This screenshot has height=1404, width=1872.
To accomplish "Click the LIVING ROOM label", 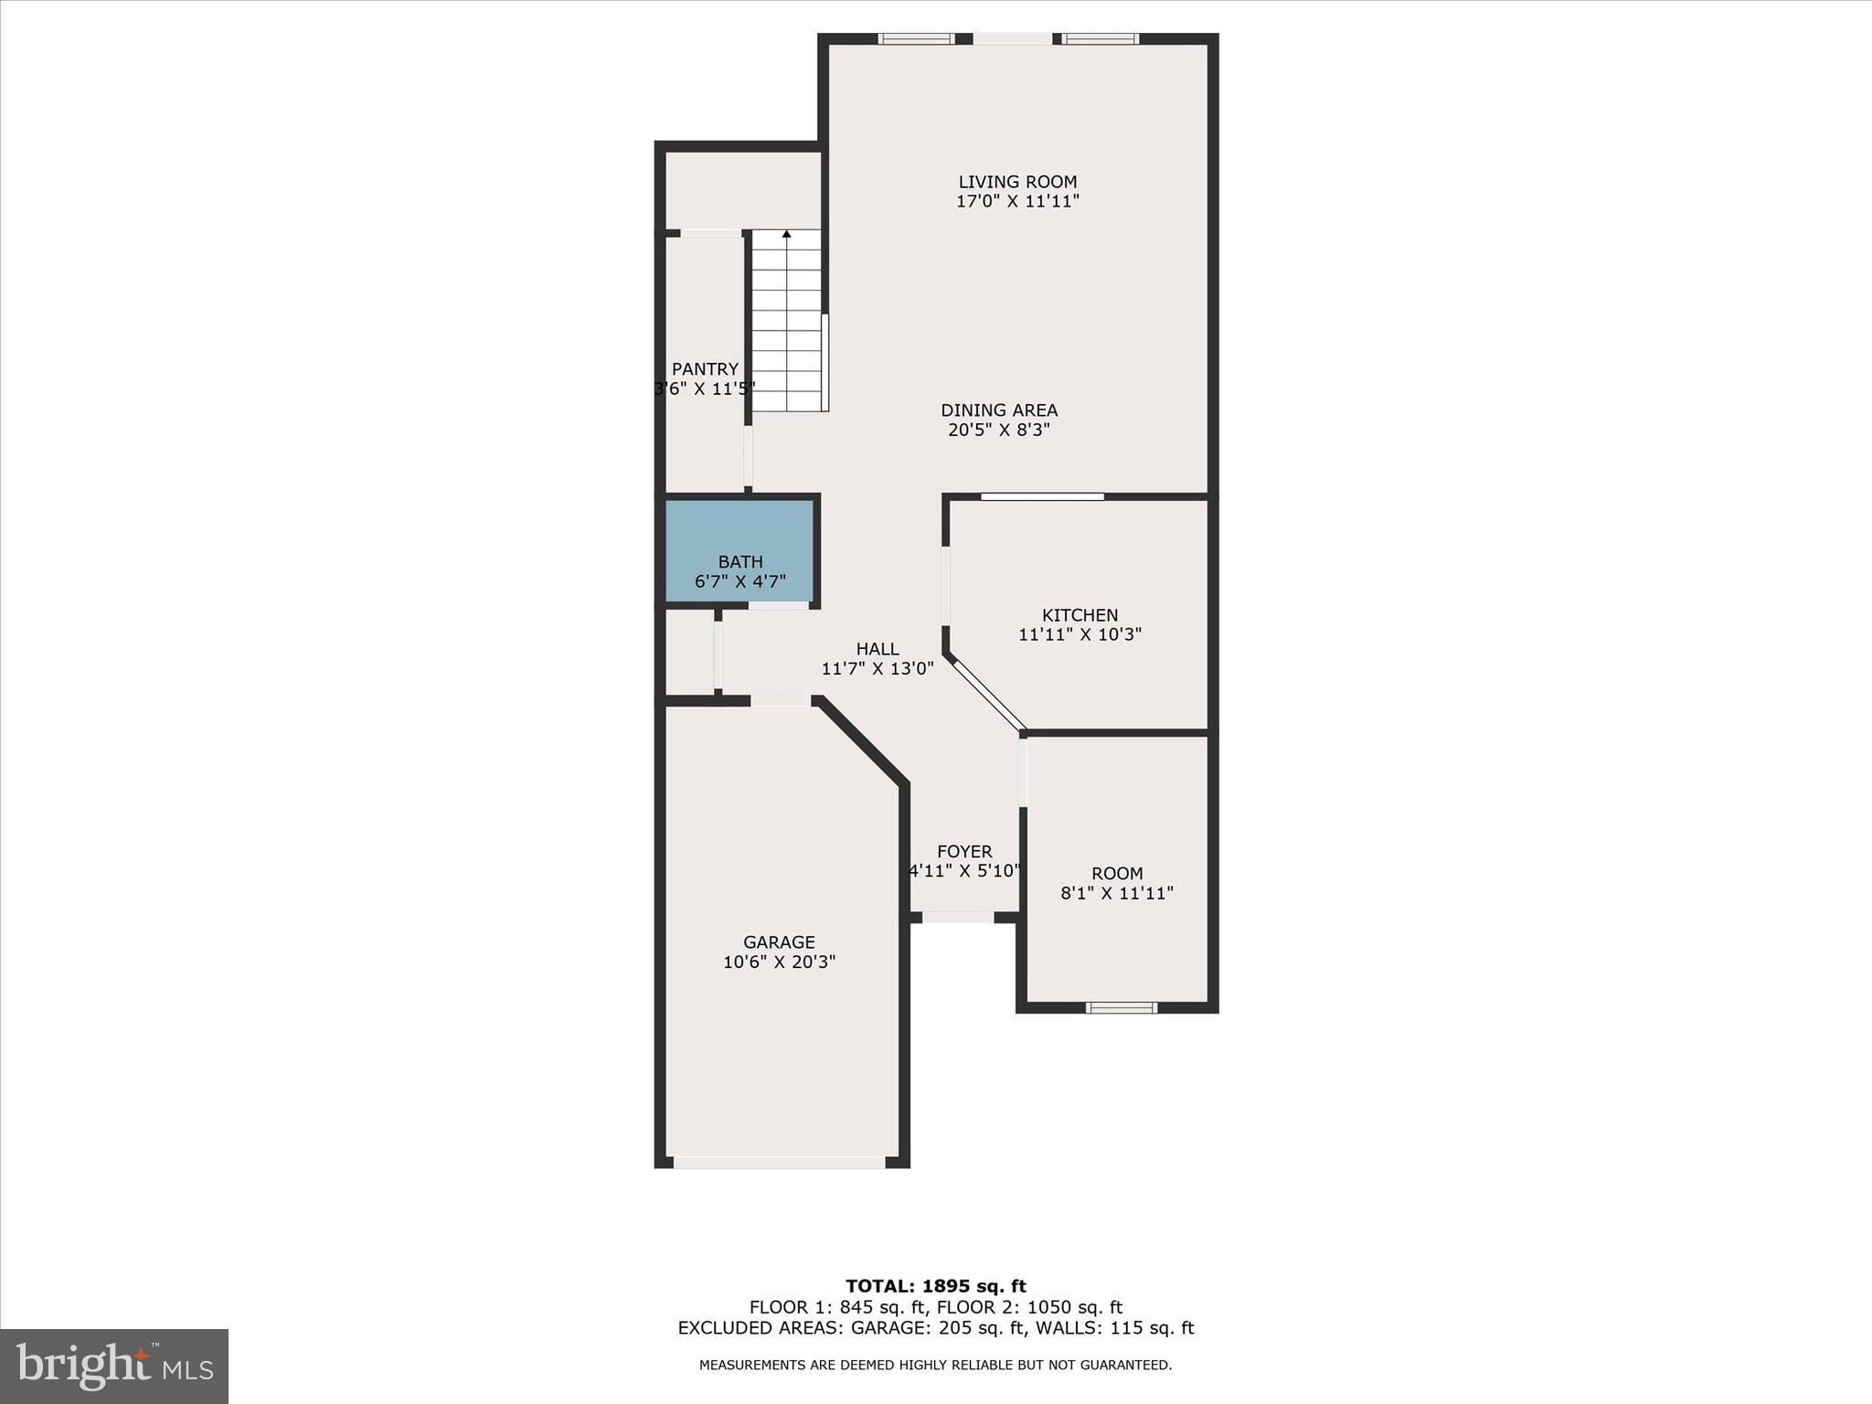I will pos(1017,182).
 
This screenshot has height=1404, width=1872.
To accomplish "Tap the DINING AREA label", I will pos(999,410).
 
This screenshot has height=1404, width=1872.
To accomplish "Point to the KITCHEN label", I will pos(1080,615).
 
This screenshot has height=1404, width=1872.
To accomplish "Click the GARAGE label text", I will pos(779,942).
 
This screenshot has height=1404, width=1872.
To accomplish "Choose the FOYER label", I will pos(964,852).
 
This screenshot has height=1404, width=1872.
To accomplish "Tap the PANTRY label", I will pos(705,369).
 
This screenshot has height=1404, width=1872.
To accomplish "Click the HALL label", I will pos(877,649).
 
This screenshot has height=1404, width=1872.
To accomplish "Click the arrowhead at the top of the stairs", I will pos(787,234).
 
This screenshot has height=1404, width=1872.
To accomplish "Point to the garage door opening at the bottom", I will pos(779,1163).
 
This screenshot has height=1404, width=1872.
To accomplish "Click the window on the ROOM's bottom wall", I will pos(1122,1007).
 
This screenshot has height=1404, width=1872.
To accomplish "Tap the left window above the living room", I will pos(916,39).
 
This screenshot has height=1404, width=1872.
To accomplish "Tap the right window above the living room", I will pos(1100,39).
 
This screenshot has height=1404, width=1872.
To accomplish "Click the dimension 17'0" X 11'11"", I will pos(1017,202).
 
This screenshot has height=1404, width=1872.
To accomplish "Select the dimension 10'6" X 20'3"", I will pos(779,963).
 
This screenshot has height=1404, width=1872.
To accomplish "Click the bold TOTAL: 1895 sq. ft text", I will pos(936,1287).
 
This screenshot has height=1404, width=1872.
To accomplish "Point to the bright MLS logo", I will pos(114,1367).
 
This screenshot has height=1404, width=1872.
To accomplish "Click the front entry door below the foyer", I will pos(957,917).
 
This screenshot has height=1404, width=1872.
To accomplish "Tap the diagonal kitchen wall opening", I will pos(987,695).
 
